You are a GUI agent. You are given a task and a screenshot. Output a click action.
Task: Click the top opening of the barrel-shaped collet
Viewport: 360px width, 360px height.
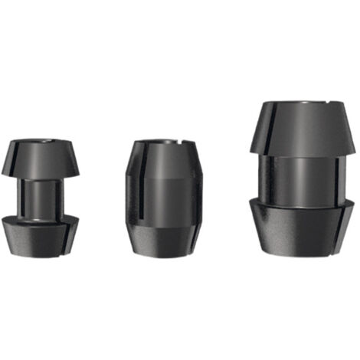pos(163,142)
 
